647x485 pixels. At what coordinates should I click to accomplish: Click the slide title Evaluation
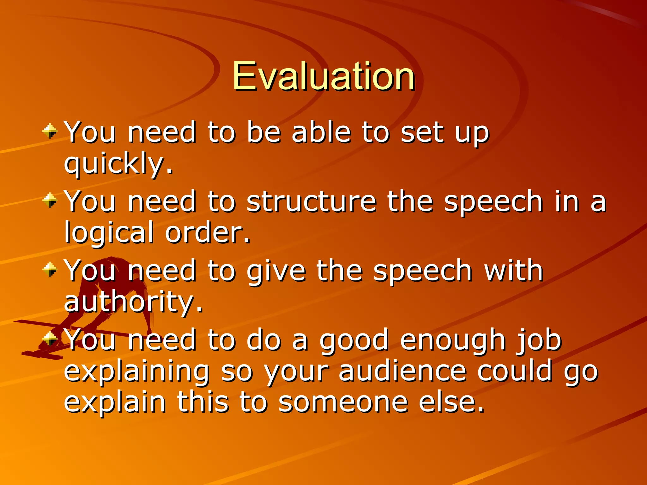323,76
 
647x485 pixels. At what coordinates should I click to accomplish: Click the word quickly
118,163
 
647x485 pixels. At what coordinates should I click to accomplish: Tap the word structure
311,201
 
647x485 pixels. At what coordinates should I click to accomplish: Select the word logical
109,233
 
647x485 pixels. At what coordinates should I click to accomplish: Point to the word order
207,233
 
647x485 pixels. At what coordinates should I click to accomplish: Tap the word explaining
137,372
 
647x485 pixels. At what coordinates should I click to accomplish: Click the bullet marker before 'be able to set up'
50,131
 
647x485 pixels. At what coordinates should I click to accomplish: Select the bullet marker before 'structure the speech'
50,201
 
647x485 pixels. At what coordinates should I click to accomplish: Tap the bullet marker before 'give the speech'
50,270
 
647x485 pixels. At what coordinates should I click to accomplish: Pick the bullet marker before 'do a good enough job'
50,339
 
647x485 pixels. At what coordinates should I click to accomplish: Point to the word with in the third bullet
513,271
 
